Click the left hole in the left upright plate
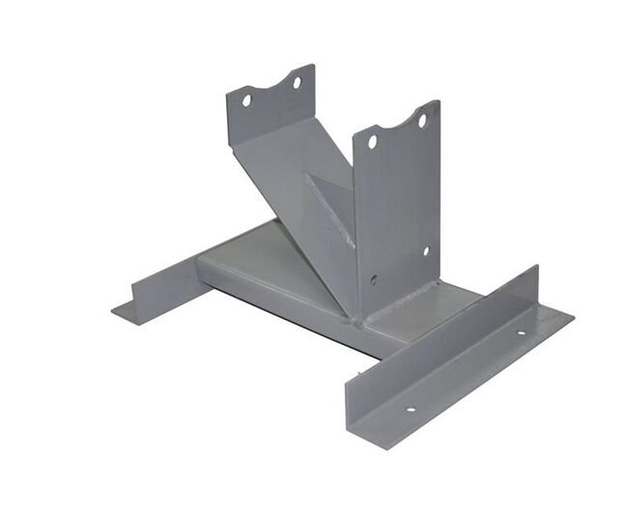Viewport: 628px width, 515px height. [x=246, y=100]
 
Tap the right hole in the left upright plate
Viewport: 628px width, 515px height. [x=298, y=83]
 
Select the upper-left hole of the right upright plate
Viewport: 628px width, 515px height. [x=372, y=142]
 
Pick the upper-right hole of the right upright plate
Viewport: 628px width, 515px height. [x=421, y=122]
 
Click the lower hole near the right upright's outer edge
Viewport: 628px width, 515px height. [x=425, y=251]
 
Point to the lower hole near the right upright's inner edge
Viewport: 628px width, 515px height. [x=375, y=282]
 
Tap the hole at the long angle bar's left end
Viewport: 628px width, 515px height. [x=410, y=409]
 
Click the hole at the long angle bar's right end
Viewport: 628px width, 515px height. [x=519, y=334]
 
